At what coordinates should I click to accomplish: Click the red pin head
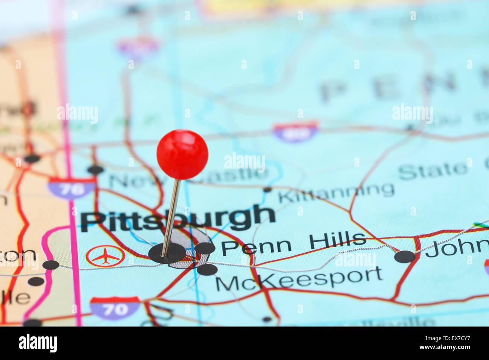point(182,154)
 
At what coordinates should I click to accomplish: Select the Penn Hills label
point(293,243)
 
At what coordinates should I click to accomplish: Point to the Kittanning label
point(336,192)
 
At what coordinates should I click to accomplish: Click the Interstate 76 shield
point(71,188)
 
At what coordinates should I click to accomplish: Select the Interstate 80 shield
point(295,132)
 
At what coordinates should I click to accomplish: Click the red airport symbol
point(105,257)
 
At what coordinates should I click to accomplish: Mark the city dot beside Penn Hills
point(205,248)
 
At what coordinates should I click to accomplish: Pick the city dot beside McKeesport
point(207,269)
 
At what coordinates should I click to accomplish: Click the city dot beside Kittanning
point(267,189)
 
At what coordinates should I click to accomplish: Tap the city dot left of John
point(405,257)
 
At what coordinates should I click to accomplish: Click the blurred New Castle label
point(188,177)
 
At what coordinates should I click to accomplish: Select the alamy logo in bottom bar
point(38,343)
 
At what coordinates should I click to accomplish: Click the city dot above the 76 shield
point(96,170)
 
